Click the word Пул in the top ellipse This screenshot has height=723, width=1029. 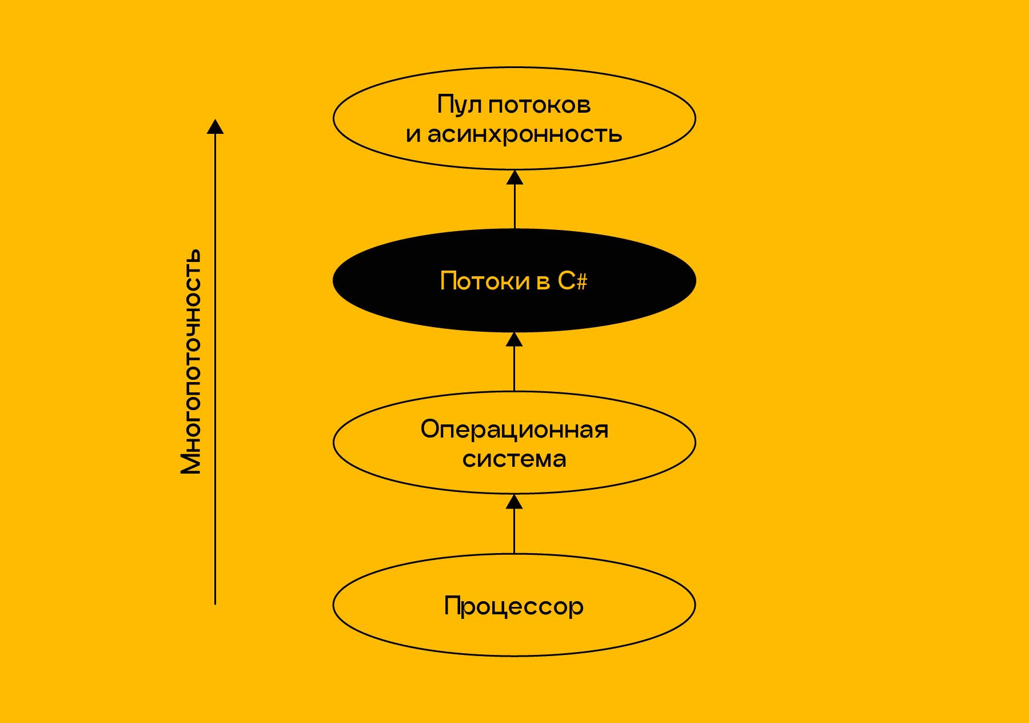(460, 105)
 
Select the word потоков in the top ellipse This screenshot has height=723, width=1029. (539, 105)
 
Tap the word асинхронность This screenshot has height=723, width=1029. (525, 135)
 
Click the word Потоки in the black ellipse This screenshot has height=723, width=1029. (485, 281)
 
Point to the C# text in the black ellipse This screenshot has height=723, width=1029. (572, 281)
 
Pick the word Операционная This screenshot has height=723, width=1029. (514, 430)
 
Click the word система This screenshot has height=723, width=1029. (514, 459)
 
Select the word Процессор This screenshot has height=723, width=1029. (514, 606)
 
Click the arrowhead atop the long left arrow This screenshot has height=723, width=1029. (215, 127)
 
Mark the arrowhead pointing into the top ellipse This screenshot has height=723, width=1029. (514, 178)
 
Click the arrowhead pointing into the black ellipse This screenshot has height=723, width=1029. (514, 340)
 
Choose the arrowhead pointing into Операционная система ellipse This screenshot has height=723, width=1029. (514, 502)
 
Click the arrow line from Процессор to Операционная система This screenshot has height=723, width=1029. (514, 532)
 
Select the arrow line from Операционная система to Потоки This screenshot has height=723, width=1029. (514, 370)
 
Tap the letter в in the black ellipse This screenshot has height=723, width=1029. (544, 281)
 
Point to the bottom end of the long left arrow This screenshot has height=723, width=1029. (215, 603)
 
